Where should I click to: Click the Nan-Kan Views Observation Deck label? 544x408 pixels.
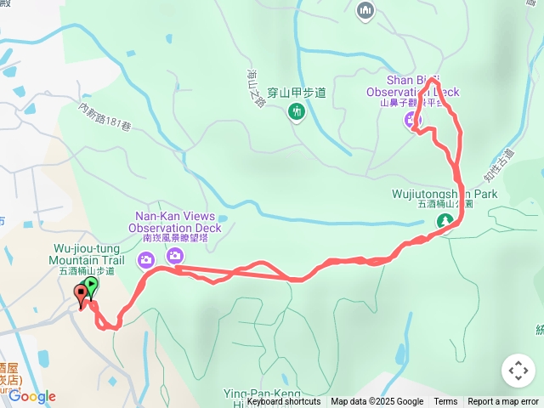pyautogui.click(x=175, y=222)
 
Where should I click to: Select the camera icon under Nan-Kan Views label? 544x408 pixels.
pyautogui.click(x=174, y=255)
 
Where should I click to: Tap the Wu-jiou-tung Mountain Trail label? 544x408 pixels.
pyautogui.click(x=87, y=253)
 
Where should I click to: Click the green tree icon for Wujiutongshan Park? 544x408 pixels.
pyautogui.click(x=444, y=222)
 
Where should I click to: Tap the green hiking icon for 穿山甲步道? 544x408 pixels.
pyautogui.click(x=296, y=111)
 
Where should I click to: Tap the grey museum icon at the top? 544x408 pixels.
pyautogui.click(x=366, y=9)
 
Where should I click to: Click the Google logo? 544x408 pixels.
pyautogui.click(x=32, y=396)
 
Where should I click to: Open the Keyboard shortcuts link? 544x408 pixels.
pyautogui.click(x=284, y=402)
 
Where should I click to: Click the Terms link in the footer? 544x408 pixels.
pyautogui.click(x=445, y=402)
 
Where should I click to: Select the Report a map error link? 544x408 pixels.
pyautogui.click(x=504, y=402)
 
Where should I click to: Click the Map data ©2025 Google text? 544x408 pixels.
pyautogui.click(x=377, y=402)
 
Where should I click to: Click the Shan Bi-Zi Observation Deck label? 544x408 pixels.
pyautogui.click(x=411, y=86)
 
